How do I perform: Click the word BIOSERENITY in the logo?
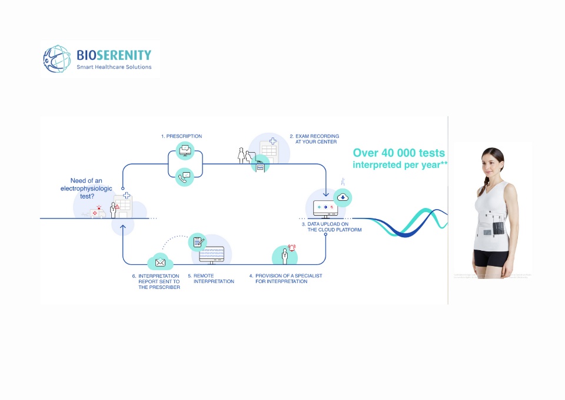point(114,55)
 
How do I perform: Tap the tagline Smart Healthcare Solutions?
point(114,67)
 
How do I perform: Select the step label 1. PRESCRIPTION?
point(181,136)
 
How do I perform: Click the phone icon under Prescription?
point(185,176)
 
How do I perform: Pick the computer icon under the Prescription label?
point(185,151)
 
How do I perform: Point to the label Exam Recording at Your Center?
point(314,139)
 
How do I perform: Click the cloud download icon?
point(342,197)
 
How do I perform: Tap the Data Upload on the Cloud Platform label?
point(334,227)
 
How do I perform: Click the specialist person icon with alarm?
point(285,255)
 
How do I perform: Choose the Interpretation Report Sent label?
point(156,281)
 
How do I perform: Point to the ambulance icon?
point(95,213)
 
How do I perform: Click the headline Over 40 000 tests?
point(399,153)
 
